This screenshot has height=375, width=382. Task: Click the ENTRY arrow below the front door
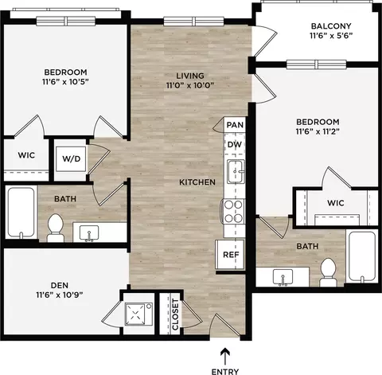click(225, 356)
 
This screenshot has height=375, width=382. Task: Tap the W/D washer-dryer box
click(71, 158)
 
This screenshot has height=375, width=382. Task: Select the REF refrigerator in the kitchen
click(230, 255)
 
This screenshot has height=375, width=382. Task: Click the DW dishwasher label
click(235, 145)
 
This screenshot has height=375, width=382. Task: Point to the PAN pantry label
click(235, 125)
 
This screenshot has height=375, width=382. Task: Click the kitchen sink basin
click(236, 171)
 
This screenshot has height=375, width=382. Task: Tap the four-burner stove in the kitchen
click(233, 212)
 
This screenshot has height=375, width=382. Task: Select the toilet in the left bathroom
click(56, 228)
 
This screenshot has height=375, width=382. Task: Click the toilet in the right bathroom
click(328, 272)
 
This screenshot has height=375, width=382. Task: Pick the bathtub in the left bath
click(21, 212)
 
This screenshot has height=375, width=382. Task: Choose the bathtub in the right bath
click(361, 256)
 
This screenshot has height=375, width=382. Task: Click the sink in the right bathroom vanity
click(283, 277)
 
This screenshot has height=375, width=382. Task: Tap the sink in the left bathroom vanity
click(89, 233)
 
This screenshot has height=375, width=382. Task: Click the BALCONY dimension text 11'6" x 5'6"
click(331, 36)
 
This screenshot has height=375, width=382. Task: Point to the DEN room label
click(60, 285)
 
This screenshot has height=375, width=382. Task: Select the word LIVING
click(190, 76)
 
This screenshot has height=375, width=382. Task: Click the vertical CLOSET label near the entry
click(175, 314)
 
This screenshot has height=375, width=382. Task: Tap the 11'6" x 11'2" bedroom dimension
click(318, 131)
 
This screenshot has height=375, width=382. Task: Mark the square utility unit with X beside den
click(138, 314)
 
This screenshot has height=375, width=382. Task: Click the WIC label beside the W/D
click(26, 155)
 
